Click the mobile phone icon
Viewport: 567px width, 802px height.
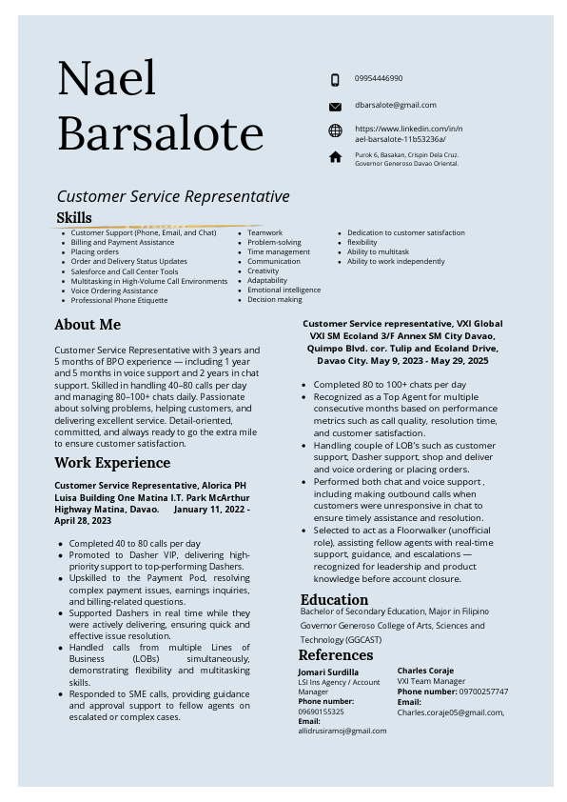335,80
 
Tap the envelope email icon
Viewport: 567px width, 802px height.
335,107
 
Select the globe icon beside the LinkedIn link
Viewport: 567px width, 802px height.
335,131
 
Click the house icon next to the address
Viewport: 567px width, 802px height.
335,157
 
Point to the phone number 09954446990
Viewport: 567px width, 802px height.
379,78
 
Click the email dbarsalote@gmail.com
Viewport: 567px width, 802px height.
395,105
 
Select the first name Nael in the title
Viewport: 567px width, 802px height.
107,79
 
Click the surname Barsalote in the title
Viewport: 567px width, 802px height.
160,133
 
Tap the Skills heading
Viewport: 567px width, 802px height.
74,218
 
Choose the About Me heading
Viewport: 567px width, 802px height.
88,325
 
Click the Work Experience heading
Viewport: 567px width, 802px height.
112,463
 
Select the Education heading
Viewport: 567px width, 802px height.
334,599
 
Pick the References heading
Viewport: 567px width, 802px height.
335,655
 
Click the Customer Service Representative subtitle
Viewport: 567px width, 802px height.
172,196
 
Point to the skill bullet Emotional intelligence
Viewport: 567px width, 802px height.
284,290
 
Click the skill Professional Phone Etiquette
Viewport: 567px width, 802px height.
119,300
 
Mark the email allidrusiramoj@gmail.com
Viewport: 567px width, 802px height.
342,731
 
